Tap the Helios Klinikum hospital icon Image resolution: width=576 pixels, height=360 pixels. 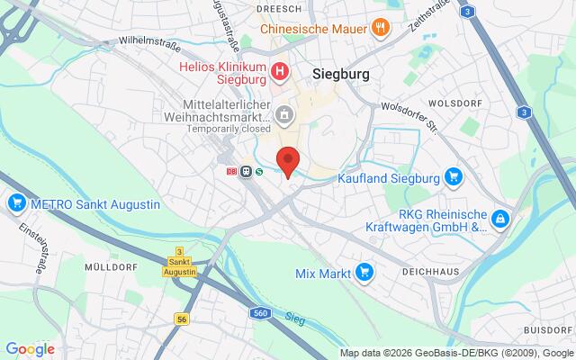pos(281,70)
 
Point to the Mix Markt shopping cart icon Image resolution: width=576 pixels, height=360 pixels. pos(364,271)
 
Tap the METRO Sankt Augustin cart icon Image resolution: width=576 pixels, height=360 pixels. pos(14,203)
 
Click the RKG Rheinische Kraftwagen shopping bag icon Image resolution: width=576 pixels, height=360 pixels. pos(500,219)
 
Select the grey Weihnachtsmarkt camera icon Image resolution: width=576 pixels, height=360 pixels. pos(284,114)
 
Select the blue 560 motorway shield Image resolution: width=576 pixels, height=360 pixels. pos(260,311)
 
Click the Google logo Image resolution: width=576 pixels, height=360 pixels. pos(30,349)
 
